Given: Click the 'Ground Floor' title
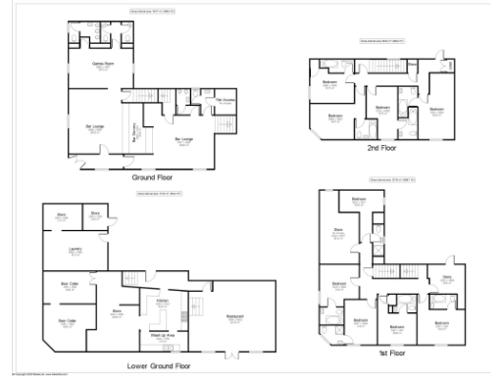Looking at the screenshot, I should click(x=153, y=179).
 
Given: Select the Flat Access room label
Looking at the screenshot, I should click(x=225, y=100).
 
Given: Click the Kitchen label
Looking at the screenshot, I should click(x=163, y=302).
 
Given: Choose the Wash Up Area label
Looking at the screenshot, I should click(x=162, y=336).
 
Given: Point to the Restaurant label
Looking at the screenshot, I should click(x=234, y=316).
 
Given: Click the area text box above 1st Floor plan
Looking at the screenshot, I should click(x=392, y=180).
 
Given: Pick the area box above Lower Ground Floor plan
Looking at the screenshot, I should click(x=158, y=206).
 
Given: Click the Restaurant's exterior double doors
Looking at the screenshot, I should click(x=234, y=354).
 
